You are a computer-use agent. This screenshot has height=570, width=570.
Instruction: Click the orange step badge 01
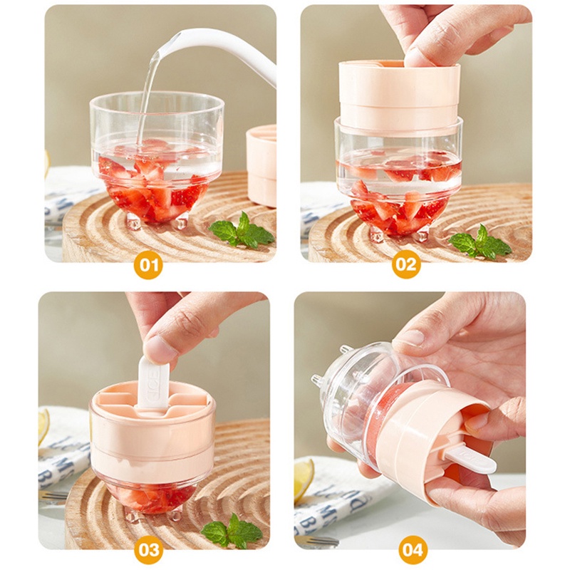coord(150,266)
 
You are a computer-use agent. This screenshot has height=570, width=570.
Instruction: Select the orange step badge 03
coord(150,550)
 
